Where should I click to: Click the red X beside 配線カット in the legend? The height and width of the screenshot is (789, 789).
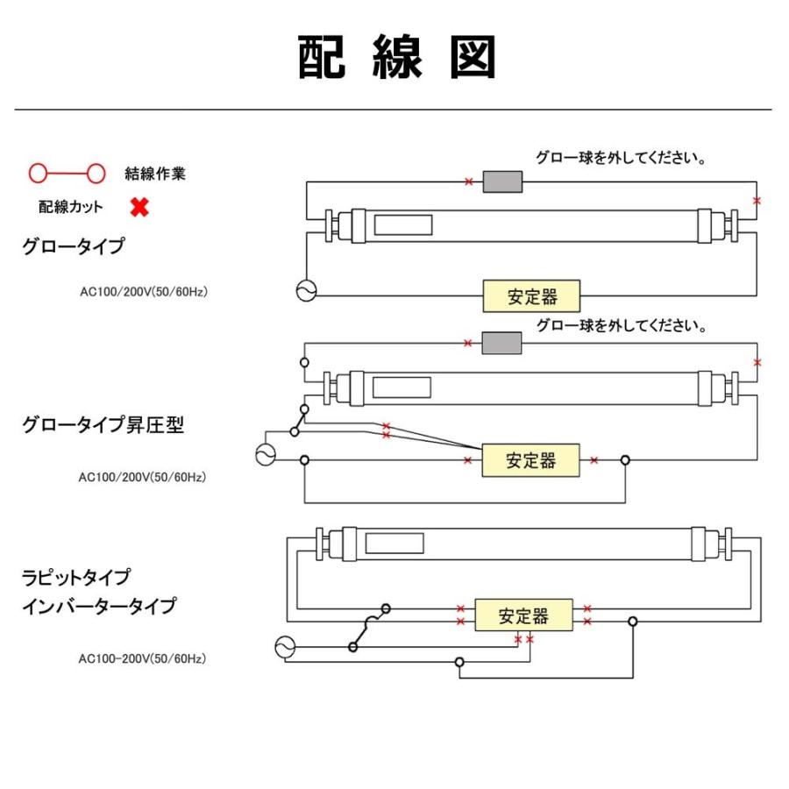(x=139, y=208)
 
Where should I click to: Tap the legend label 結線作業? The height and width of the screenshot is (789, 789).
(x=155, y=174)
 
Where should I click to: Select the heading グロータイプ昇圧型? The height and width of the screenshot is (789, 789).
(x=103, y=425)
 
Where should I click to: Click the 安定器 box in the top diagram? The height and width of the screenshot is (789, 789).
(x=532, y=296)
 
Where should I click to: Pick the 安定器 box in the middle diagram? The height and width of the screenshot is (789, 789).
(x=530, y=459)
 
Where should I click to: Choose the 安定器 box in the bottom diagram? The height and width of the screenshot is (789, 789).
(x=523, y=615)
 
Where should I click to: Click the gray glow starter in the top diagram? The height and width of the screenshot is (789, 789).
(x=504, y=181)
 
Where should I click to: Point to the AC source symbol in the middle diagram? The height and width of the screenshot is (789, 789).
(x=265, y=454)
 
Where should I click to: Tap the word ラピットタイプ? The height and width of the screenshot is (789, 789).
(x=76, y=578)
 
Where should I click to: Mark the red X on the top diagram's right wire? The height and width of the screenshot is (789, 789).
(x=757, y=201)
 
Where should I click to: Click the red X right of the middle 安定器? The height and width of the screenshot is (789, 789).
(x=594, y=459)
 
